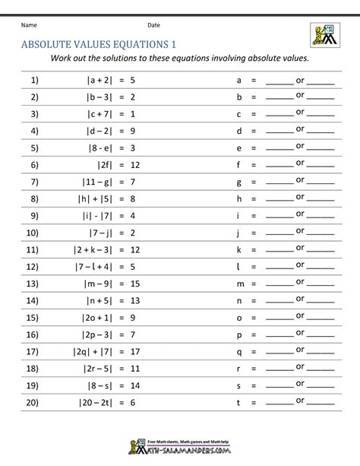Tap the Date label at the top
[x=153, y=25]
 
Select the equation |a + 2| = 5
[x=111, y=79]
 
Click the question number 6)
[x=33, y=163]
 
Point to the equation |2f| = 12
[x=111, y=163]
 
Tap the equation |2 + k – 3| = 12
[x=111, y=249]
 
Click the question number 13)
[x=33, y=283]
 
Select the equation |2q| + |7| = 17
[x=111, y=351]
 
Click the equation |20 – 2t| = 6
[x=111, y=402]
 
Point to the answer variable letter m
[x=239, y=283]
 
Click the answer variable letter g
[x=239, y=181]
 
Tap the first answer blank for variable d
[x=279, y=132]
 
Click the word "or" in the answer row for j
[x=300, y=230]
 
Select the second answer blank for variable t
[x=321, y=404]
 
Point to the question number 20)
[x=33, y=402]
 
